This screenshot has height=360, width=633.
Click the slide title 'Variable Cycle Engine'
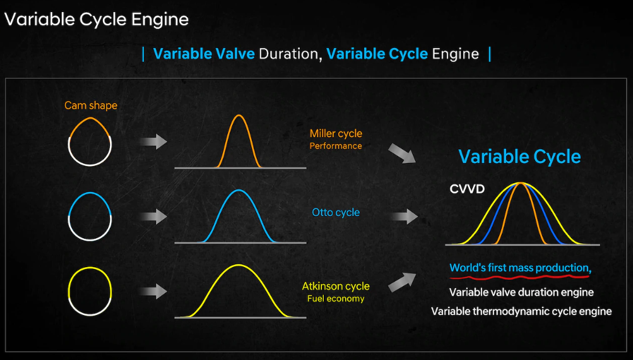[97, 20]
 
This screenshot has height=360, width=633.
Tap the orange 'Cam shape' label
[91, 105]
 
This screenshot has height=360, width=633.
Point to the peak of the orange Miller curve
[239, 116]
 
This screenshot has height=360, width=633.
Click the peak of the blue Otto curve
[239, 190]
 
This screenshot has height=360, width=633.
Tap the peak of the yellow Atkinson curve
[239, 265]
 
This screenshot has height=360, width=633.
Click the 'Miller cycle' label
[336, 134]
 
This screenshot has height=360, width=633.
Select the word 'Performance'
[336, 146]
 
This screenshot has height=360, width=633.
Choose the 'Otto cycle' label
[336, 212]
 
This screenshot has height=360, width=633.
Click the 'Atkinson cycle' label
[336, 287]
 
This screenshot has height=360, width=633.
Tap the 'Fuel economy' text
[336, 299]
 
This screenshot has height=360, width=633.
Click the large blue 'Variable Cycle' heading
[519, 157]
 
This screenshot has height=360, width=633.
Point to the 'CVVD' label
[467, 189]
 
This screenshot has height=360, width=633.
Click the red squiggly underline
[519, 277]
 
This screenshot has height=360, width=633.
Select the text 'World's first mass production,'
[521, 268]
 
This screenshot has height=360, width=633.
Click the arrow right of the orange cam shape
[153, 142]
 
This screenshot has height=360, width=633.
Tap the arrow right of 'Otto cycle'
[404, 217]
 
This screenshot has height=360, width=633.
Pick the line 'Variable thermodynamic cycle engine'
[521, 311]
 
